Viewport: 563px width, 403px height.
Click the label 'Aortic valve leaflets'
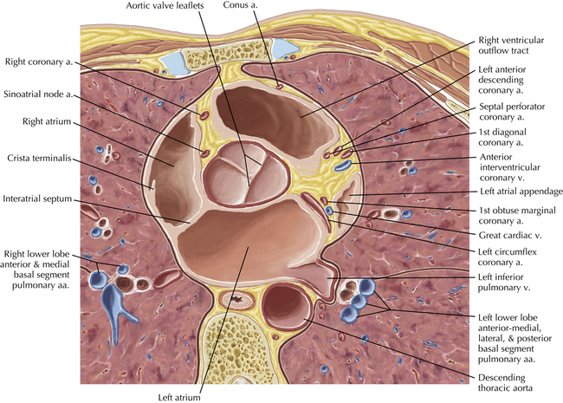point(165,6)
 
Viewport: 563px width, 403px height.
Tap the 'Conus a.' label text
point(240,5)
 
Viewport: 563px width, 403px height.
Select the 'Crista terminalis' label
point(39,158)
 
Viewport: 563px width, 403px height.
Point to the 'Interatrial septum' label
point(37,198)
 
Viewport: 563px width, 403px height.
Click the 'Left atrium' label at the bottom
point(179,398)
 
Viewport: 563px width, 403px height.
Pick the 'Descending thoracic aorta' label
point(505,383)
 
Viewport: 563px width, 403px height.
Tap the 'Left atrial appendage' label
point(521,192)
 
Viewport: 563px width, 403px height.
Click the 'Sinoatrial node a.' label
point(38,94)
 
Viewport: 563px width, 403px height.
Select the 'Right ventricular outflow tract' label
point(511,45)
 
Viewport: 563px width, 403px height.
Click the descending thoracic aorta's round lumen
point(286,307)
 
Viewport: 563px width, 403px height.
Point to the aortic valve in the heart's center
point(246,174)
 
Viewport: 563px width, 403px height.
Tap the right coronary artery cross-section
point(204,115)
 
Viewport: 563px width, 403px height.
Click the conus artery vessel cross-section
point(279,86)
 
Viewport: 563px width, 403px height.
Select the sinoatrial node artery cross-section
point(205,153)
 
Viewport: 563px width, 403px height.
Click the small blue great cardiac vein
point(329,211)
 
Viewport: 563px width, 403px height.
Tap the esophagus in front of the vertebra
point(237,300)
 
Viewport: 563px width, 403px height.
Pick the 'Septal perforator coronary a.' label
point(512,112)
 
